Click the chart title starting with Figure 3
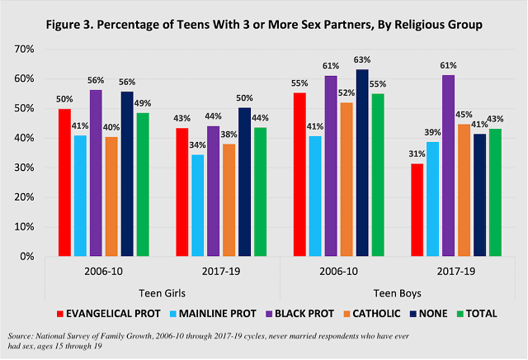click(264, 25)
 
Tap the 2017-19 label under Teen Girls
click(216, 270)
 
